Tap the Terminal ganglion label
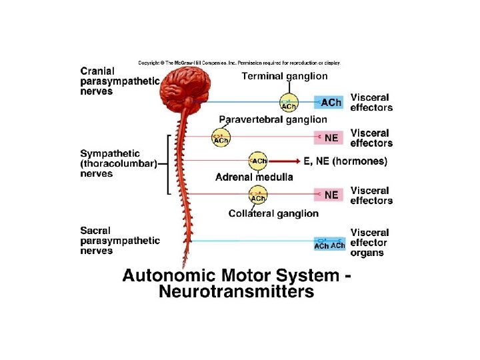pyautogui.click(x=285, y=77)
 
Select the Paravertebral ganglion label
pyautogui.click(x=273, y=119)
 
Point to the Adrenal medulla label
pyautogui.click(x=254, y=177)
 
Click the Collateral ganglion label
pyautogui.click(x=273, y=213)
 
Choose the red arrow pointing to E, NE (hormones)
pyautogui.click(x=283, y=161)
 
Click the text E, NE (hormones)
pyautogui.click(x=345, y=161)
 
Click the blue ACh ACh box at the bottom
pyautogui.click(x=329, y=244)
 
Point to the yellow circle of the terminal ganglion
pyautogui.click(x=289, y=103)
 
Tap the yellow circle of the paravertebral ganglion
pyautogui.click(x=221, y=137)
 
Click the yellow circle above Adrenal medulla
pyautogui.click(x=258, y=161)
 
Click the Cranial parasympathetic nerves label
pyautogui.click(x=120, y=81)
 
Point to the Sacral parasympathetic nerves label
pyautogui.click(x=120, y=240)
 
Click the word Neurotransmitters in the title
pyautogui.click(x=236, y=291)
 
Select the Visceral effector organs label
pyautogui.click(x=369, y=243)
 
